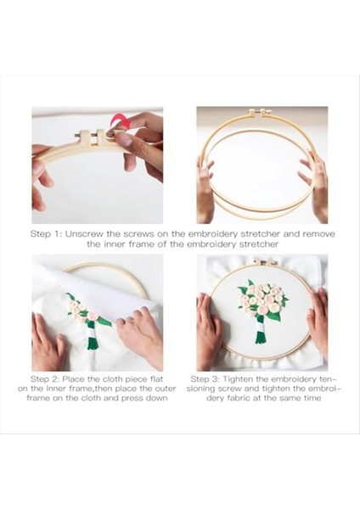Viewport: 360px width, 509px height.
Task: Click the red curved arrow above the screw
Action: click(x=118, y=121)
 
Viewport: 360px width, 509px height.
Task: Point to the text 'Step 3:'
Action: click(x=205, y=379)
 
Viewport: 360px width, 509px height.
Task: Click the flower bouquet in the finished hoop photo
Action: click(x=263, y=311)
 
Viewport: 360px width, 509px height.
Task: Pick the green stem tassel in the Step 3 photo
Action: click(x=260, y=336)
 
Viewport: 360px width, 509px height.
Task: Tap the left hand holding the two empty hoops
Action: click(x=205, y=192)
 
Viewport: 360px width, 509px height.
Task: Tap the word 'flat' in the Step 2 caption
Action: click(x=156, y=379)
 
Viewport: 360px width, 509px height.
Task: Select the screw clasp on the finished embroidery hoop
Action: click(x=264, y=262)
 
